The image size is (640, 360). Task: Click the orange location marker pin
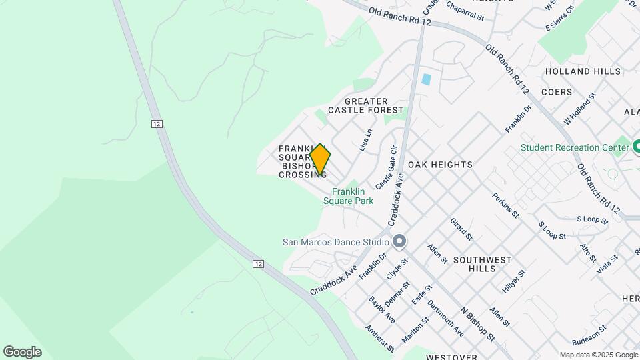[x=320, y=159]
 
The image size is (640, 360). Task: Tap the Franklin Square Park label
[x=348, y=195]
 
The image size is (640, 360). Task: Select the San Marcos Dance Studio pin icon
[x=400, y=242]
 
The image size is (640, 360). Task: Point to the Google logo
[x=22, y=352]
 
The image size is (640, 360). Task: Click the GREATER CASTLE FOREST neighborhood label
[x=366, y=105]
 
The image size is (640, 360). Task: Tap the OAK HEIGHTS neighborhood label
[x=440, y=164]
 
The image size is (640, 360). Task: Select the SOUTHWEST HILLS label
[x=482, y=263]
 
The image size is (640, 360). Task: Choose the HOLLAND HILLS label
[x=577, y=71]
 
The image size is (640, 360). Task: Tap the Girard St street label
[x=461, y=229]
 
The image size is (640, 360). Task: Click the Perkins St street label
[x=505, y=205]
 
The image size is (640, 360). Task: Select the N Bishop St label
[x=477, y=325]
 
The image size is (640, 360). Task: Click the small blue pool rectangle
[x=426, y=80]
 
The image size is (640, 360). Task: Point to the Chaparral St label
[x=464, y=7]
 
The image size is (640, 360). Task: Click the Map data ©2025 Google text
[x=598, y=355]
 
